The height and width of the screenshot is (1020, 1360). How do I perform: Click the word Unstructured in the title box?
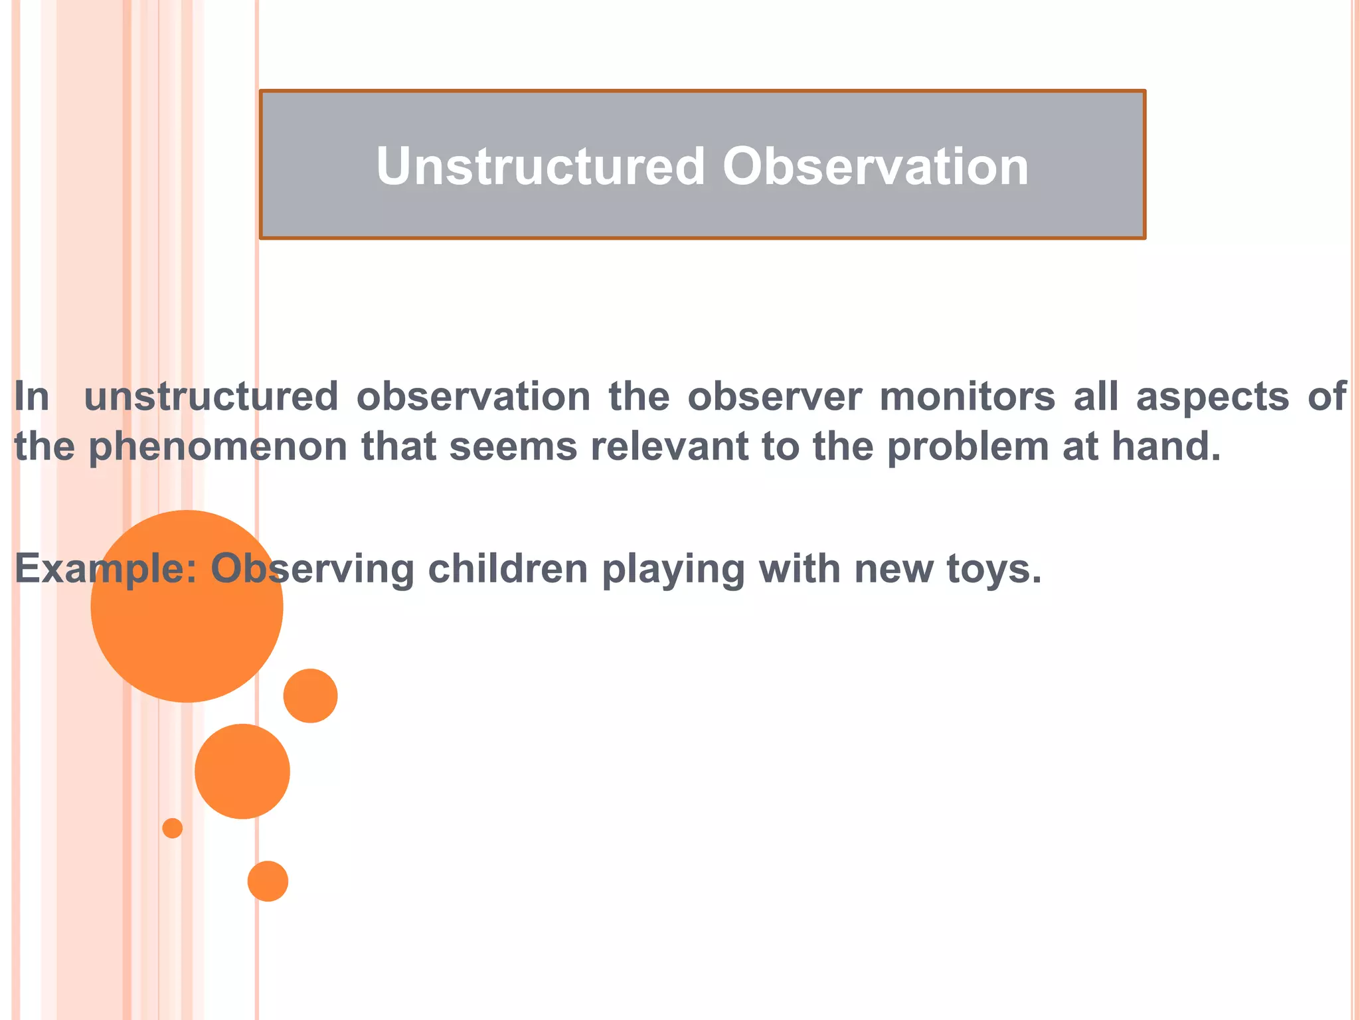[x=540, y=166]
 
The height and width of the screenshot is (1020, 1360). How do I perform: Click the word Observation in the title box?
[x=875, y=166]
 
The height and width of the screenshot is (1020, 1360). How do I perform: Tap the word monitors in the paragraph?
[x=967, y=397]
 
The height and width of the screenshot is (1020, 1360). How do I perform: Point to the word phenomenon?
[x=218, y=448]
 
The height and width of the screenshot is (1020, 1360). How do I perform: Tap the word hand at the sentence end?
[x=1165, y=446]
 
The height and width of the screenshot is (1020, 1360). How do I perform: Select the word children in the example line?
[x=508, y=569]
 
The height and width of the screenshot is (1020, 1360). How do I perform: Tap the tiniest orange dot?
[x=173, y=828]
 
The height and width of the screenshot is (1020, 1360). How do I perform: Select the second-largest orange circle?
[x=242, y=771]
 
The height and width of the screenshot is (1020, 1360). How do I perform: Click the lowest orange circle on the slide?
[x=268, y=881]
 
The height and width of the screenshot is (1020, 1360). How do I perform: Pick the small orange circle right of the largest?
[x=310, y=695]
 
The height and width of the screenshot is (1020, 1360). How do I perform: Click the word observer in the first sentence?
[x=774, y=397]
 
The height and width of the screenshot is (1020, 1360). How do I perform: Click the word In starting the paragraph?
[x=32, y=397]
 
